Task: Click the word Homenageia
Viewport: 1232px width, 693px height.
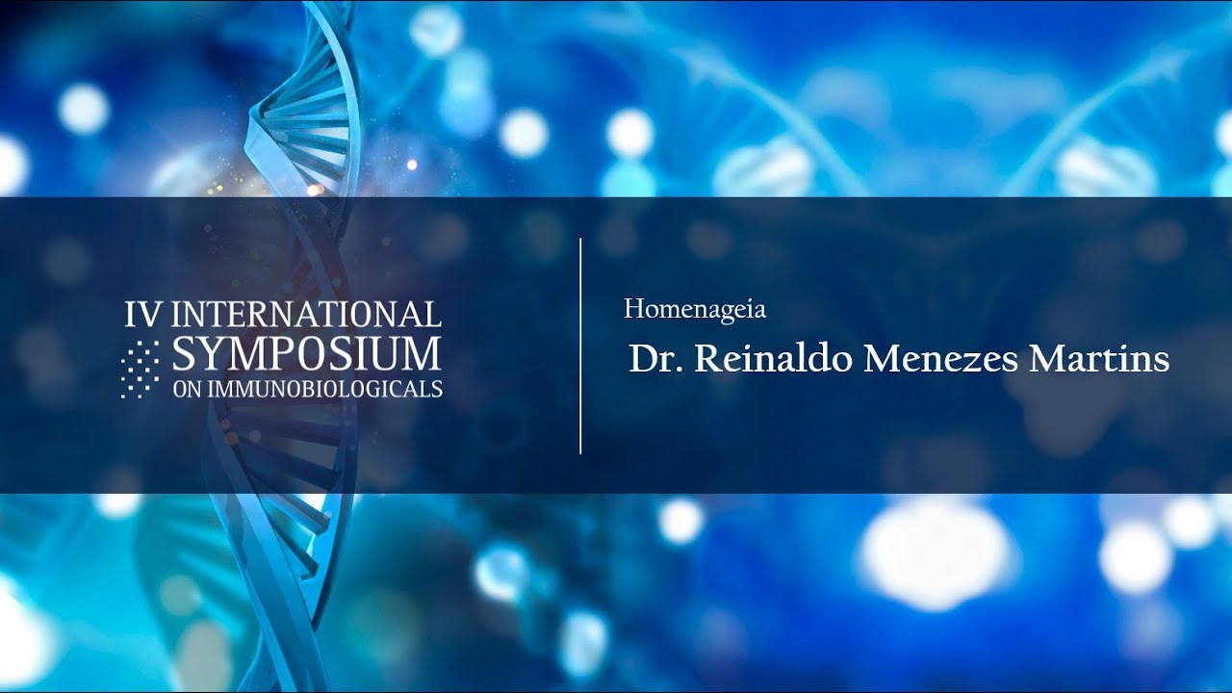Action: [695, 310]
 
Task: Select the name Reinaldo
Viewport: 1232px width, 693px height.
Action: [773, 358]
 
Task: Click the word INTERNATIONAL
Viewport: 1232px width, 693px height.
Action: [307, 314]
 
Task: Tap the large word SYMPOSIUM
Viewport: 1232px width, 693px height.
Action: [307, 353]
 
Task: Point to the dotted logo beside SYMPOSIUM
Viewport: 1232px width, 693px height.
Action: [141, 369]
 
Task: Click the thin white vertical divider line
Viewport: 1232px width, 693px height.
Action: [580, 346]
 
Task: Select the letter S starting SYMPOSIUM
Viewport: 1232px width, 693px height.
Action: [184, 353]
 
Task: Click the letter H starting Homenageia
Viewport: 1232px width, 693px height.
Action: [634, 309]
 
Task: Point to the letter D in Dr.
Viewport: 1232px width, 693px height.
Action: [644, 359]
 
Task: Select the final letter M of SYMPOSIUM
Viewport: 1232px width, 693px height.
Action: [422, 353]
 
